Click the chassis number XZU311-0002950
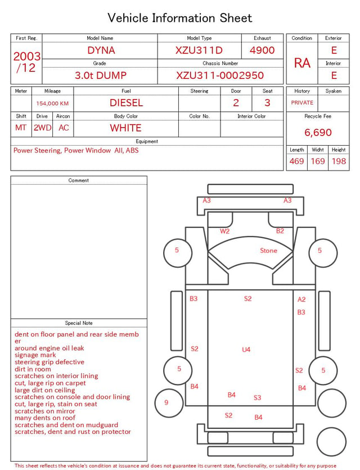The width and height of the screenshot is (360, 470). [x=220, y=75]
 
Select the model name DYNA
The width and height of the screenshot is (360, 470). [x=101, y=50]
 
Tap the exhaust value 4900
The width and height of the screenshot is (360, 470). [x=262, y=50]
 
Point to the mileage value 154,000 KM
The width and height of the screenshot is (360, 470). [x=52, y=104]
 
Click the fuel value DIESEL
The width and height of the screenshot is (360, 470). [x=126, y=103]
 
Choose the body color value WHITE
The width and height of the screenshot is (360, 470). [x=125, y=128]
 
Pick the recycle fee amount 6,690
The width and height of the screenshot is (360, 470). [x=318, y=132]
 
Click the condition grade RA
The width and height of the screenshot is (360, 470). [x=302, y=63]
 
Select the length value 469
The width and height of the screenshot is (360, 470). [x=296, y=161]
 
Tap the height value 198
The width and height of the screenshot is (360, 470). [x=339, y=161]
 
